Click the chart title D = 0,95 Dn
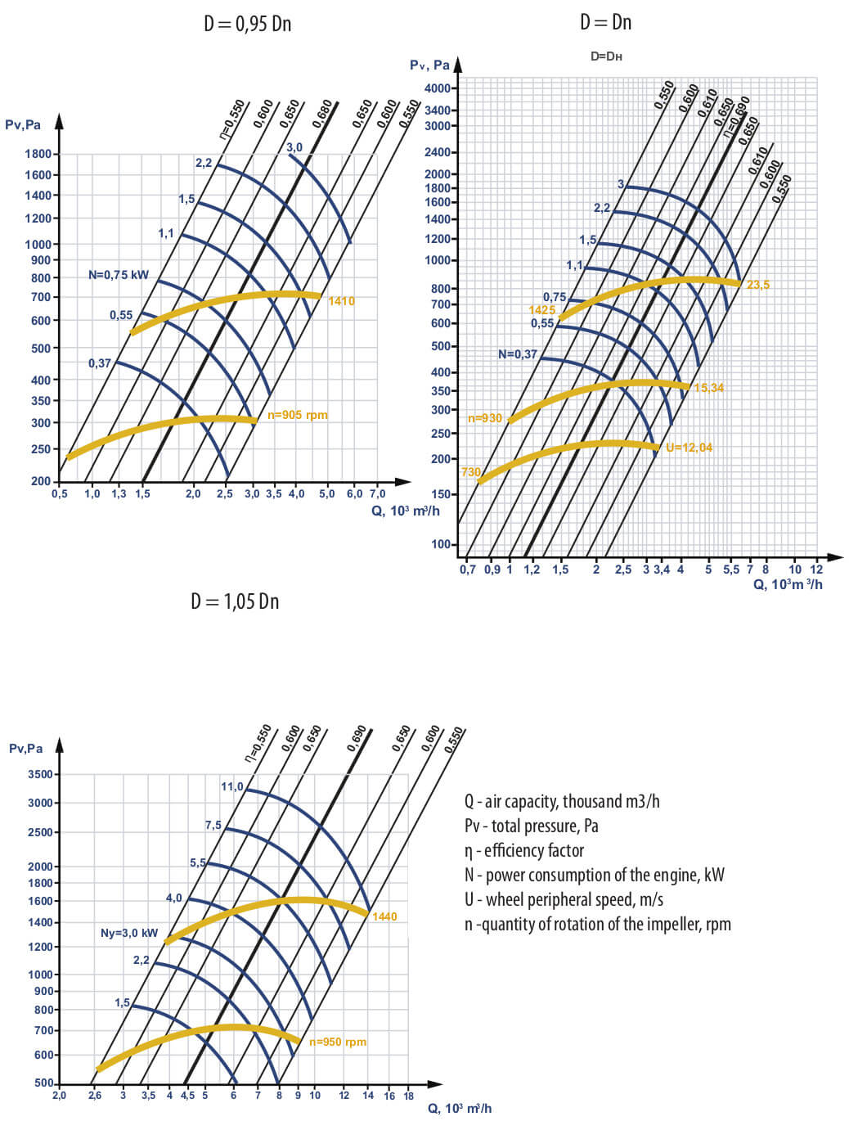tap(247, 24)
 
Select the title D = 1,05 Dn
tap(235, 601)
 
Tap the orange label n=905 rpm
tap(298, 415)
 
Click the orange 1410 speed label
tap(341, 301)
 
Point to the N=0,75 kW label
tap(119, 275)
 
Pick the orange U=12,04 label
tap(689, 448)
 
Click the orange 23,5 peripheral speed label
tap(758, 285)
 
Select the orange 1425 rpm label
tap(541, 310)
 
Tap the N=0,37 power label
tap(518, 354)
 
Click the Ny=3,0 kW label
tap(129, 933)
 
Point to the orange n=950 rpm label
tap(338, 1042)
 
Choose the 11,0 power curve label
tap(232, 786)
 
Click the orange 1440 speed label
tap(384, 916)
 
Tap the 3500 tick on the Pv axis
tap(40, 774)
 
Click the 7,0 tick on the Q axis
tap(377, 494)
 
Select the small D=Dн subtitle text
tap(606, 56)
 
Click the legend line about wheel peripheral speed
tap(564, 900)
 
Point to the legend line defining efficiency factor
tap(524, 851)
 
